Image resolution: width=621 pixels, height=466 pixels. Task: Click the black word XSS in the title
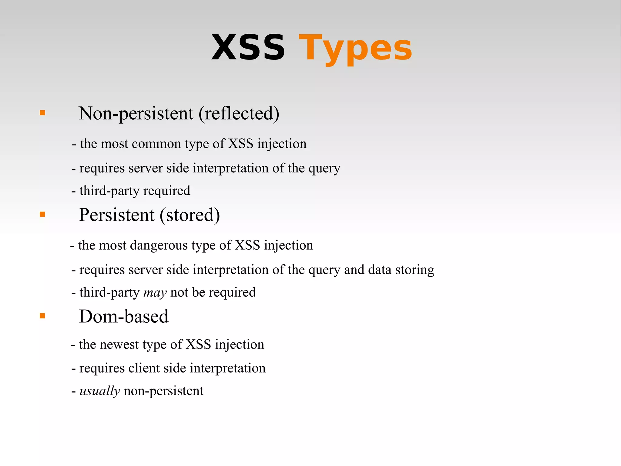point(248,48)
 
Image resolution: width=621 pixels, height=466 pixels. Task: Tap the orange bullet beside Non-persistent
point(42,113)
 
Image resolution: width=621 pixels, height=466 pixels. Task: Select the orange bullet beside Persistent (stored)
point(42,214)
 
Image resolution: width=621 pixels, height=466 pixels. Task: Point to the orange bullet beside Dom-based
point(42,316)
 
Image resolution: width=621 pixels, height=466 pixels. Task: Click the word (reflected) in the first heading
point(239,114)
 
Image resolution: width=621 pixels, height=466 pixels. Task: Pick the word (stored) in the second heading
point(190,215)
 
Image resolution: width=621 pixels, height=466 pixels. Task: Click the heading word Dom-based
point(123,316)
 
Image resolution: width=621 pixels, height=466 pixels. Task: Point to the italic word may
point(155,293)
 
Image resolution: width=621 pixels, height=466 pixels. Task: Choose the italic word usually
point(100,391)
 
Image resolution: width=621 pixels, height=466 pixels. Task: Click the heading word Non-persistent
point(136,114)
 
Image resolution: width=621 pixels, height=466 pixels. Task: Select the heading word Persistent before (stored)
point(117,215)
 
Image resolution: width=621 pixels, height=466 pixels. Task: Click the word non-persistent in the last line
point(163,391)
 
